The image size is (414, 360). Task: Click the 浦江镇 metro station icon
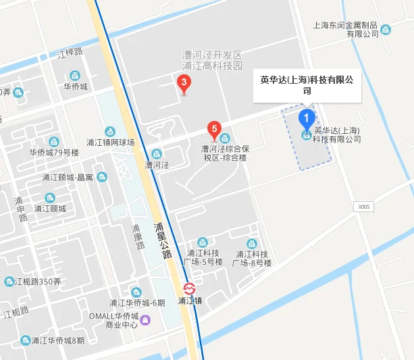click(x=190, y=287)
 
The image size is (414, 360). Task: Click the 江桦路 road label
click(x=70, y=52)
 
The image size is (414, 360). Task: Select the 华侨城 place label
click(x=76, y=86)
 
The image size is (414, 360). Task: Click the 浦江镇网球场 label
click(x=111, y=142)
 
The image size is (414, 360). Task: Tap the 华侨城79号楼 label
click(x=54, y=153)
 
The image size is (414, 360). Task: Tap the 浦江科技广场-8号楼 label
click(x=253, y=258)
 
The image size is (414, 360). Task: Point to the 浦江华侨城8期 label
click(x=53, y=340)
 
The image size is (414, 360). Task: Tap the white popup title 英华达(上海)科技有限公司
click(x=307, y=84)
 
